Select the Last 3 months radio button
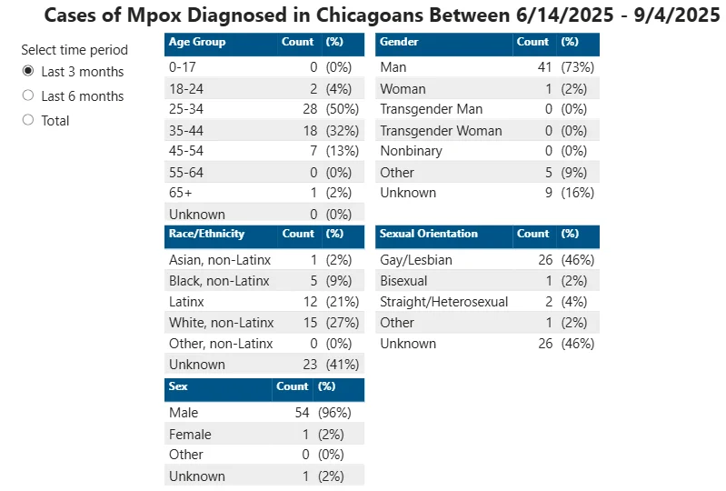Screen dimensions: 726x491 coord(28,71)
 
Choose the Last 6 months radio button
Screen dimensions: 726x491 coord(28,95)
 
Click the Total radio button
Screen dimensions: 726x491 coord(28,120)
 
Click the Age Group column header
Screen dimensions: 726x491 coord(197,42)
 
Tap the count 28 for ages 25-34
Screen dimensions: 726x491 coord(310,109)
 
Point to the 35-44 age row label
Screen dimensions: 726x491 coord(186,131)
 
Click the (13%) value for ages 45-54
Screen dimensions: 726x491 coord(343,151)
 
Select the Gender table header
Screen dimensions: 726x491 coord(399,42)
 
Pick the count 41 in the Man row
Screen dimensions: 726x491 coord(545,67)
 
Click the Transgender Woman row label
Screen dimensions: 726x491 coord(441,131)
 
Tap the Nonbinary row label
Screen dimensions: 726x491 coord(411,151)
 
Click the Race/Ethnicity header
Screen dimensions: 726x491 coord(206,234)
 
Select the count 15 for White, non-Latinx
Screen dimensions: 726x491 coord(310,323)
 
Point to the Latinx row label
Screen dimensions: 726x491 coord(186,302)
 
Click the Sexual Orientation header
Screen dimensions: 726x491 coord(428,234)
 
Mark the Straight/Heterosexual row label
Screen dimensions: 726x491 coord(444,302)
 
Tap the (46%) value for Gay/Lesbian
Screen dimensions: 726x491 coord(577,260)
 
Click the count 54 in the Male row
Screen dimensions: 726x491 coord(302,413)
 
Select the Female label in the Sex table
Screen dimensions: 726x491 coord(190,435)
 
